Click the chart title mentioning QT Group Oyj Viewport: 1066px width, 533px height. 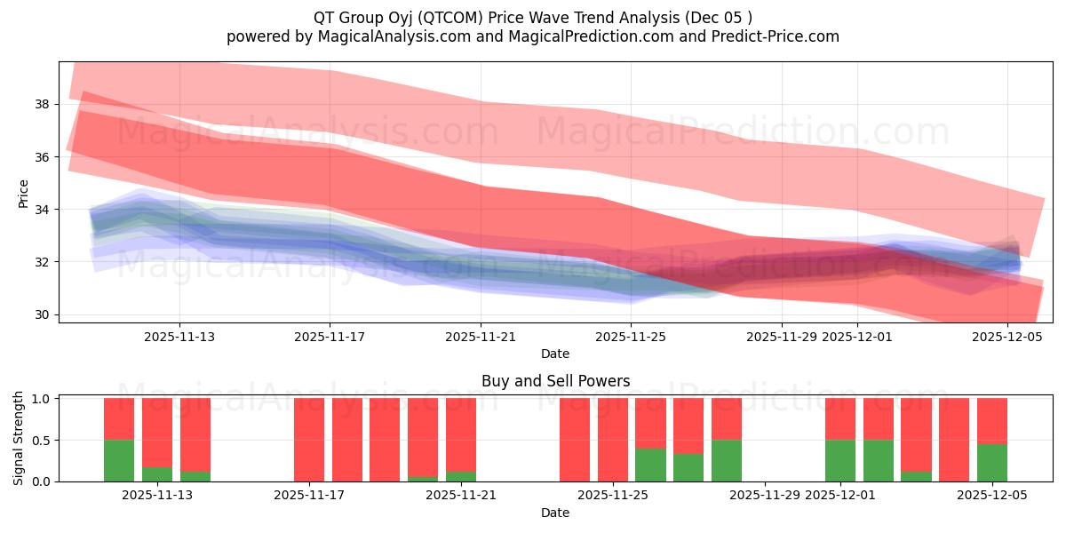532,17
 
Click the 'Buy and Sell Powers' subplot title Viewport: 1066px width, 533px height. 555,381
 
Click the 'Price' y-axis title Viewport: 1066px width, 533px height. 24,194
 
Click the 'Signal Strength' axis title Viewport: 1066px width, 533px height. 20,438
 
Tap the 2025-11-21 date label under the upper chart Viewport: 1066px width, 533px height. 481,337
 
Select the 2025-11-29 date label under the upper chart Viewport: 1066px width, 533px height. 782,337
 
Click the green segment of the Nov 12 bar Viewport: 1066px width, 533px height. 119,460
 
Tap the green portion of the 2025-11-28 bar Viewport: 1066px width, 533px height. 726,460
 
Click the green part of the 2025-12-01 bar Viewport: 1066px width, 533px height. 840,460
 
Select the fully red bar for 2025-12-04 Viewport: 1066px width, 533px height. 954,440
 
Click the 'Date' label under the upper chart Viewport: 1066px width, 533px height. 555,354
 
